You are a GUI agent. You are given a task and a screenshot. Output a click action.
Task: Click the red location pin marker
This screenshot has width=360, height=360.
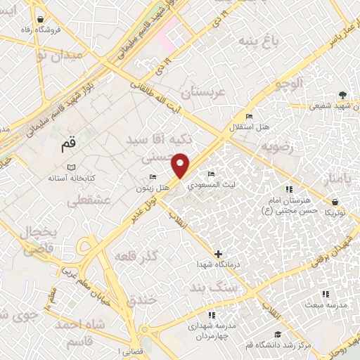181,165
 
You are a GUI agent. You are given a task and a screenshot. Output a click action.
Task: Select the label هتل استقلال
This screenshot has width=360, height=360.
245,128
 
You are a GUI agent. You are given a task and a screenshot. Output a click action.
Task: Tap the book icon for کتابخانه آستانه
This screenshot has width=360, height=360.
70,167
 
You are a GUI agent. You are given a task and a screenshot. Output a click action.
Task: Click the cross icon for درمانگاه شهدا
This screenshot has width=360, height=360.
219,254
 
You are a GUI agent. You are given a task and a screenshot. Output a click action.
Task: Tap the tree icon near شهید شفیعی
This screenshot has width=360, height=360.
342,94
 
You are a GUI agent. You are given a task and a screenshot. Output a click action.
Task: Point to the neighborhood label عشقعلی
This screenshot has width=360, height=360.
90,201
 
